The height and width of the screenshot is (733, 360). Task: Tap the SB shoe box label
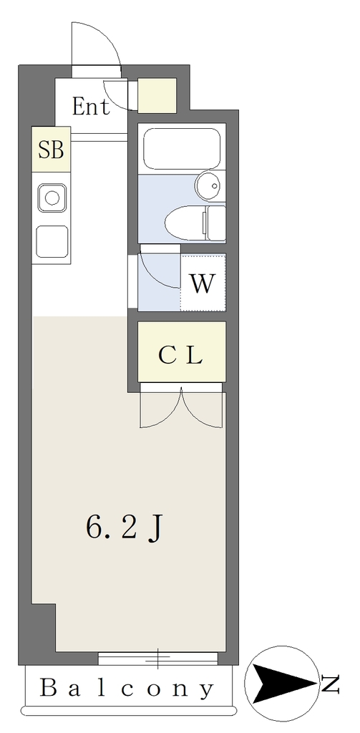[x=51, y=150]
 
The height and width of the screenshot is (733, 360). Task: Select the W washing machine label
[x=202, y=283]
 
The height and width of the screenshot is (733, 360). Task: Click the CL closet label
[x=180, y=356]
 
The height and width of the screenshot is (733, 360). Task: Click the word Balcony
[x=127, y=689]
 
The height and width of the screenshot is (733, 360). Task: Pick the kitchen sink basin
[x=52, y=198]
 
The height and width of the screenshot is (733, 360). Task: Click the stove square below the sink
[x=52, y=241]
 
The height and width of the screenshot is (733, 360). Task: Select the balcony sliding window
[x=158, y=659]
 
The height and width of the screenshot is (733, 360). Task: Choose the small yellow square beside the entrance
[x=157, y=95]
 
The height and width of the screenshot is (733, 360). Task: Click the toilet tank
[x=216, y=223]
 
